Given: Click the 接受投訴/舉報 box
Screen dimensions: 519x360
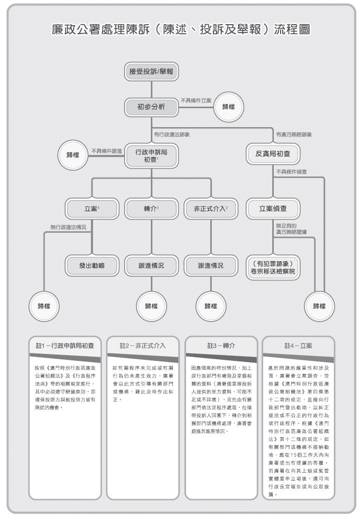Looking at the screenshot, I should click(x=151, y=71).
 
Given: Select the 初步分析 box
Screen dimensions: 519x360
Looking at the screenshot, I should click(x=151, y=107).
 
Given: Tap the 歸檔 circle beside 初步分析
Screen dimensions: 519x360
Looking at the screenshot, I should click(x=229, y=107).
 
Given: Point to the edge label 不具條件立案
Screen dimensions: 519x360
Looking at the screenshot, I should click(x=196, y=100).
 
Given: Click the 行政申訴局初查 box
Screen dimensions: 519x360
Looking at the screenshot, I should click(x=151, y=155).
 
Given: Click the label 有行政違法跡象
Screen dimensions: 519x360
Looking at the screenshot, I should click(x=171, y=134).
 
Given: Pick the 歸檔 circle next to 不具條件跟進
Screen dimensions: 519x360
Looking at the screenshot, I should click(x=73, y=155).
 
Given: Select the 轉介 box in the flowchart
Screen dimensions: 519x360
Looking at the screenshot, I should click(x=151, y=209).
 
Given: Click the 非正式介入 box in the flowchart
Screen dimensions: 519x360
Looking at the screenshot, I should click(x=211, y=209).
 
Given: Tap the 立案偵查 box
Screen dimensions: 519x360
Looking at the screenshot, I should click(x=273, y=209).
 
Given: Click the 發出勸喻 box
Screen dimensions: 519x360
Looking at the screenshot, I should click(x=92, y=266).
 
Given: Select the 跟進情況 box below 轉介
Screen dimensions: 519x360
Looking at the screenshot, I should click(x=151, y=266).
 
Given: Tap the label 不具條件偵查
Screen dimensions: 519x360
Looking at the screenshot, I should click(x=292, y=172).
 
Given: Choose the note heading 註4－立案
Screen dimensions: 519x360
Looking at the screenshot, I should click(x=298, y=346).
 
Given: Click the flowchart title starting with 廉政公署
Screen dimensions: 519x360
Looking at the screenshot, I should click(x=180, y=29).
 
